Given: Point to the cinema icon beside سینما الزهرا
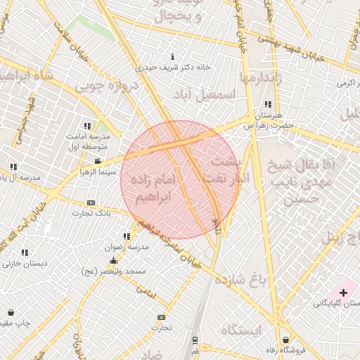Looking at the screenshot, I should [97, 161].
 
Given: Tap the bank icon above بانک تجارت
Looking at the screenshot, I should [91, 202].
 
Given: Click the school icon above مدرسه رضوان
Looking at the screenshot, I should [127, 236].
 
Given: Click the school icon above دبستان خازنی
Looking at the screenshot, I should [25, 252].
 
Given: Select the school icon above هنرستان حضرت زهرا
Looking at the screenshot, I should [268, 104].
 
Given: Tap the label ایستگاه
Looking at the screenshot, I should [240, 330].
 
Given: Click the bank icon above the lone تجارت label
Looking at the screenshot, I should [162, 317].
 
